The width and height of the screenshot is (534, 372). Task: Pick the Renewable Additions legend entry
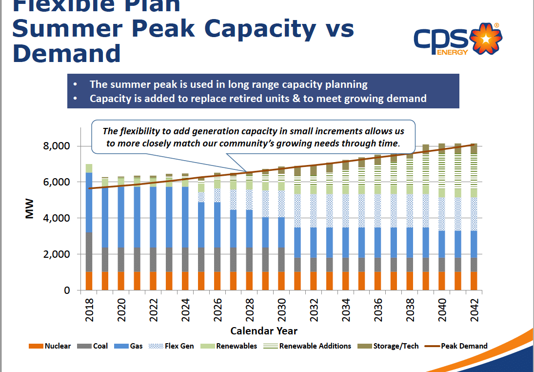(x=307, y=346)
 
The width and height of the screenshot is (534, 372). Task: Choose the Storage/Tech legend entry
(x=388, y=346)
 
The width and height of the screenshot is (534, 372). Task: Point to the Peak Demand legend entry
(x=455, y=346)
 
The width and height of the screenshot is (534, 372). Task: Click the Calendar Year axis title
(x=264, y=331)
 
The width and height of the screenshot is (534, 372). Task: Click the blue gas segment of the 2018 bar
(x=89, y=203)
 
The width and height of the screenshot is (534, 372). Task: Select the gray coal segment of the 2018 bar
(x=89, y=252)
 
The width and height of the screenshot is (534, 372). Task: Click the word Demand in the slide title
(x=66, y=53)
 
